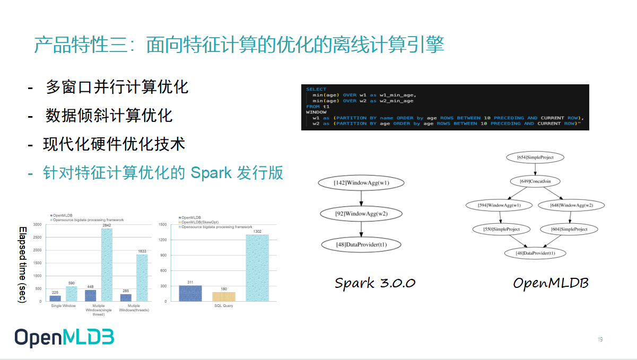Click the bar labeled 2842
(103, 265)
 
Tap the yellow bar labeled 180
(223, 296)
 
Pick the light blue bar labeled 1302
(257, 268)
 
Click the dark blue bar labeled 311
(190, 293)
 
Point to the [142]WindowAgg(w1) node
(361, 183)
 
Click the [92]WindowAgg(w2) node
(361, 214)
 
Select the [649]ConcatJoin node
(535, 181)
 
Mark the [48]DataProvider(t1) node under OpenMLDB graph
(535, 253)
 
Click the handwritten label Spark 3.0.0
(374, 283)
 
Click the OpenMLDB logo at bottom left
(64, 338)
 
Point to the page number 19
(600, 339)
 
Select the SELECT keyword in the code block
(317, 89)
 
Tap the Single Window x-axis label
(63, 306)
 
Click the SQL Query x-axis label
(223, 306)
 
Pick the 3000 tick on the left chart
(37, 225)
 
